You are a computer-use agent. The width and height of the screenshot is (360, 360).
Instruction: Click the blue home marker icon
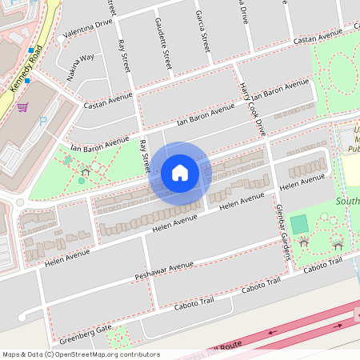180,173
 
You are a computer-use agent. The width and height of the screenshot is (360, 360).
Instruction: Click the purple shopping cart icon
23,108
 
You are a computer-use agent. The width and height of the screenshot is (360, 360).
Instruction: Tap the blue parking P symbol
43,122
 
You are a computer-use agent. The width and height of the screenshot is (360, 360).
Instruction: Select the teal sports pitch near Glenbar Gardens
299,224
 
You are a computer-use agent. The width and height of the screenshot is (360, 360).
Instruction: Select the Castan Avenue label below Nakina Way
108,100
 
